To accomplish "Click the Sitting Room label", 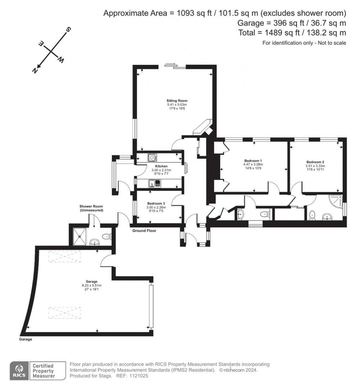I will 175,101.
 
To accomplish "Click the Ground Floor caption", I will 144,231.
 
